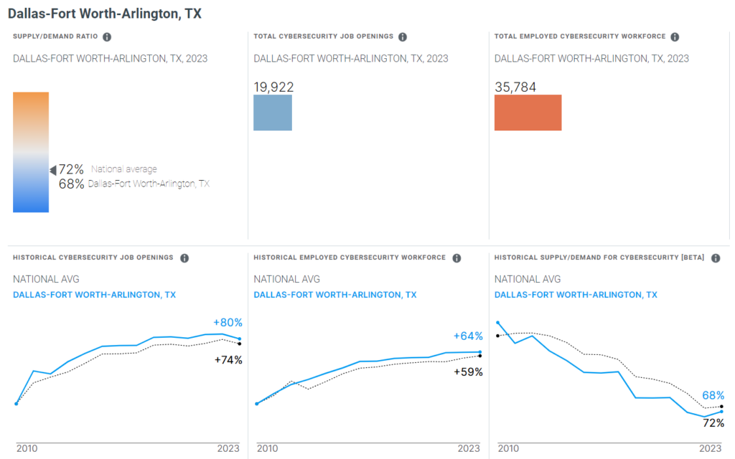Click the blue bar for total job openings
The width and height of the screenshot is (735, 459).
[273, 113]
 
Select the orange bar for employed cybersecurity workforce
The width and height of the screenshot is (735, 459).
[528, 113]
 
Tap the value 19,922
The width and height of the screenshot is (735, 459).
[273, 87]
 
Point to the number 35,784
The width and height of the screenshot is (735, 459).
[515, 87]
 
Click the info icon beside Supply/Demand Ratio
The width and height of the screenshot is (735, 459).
[107, 37]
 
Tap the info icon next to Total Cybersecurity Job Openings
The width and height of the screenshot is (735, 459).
[403, 37]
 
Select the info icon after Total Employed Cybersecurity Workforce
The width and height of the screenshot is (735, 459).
[675, 37]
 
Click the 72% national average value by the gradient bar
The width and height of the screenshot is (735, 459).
[71, 169]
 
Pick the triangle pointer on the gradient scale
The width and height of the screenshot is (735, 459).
[52, 170]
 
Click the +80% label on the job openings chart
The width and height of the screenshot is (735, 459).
[228, 323]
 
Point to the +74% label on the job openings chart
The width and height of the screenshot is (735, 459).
[228, 360]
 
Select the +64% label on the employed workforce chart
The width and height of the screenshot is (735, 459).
[468, 336]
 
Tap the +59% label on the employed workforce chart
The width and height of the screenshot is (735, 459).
[468, 372]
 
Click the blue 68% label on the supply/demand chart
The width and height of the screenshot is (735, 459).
[713, 395]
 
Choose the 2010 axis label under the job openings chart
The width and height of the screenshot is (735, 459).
[27, 448]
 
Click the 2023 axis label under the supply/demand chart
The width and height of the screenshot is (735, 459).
[710, 448]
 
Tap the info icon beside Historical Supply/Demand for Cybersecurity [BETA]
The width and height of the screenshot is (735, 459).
[716, 258]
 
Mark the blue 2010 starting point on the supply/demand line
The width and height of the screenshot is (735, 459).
[498, 323]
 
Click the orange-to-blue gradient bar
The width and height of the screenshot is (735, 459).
[31, 152]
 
